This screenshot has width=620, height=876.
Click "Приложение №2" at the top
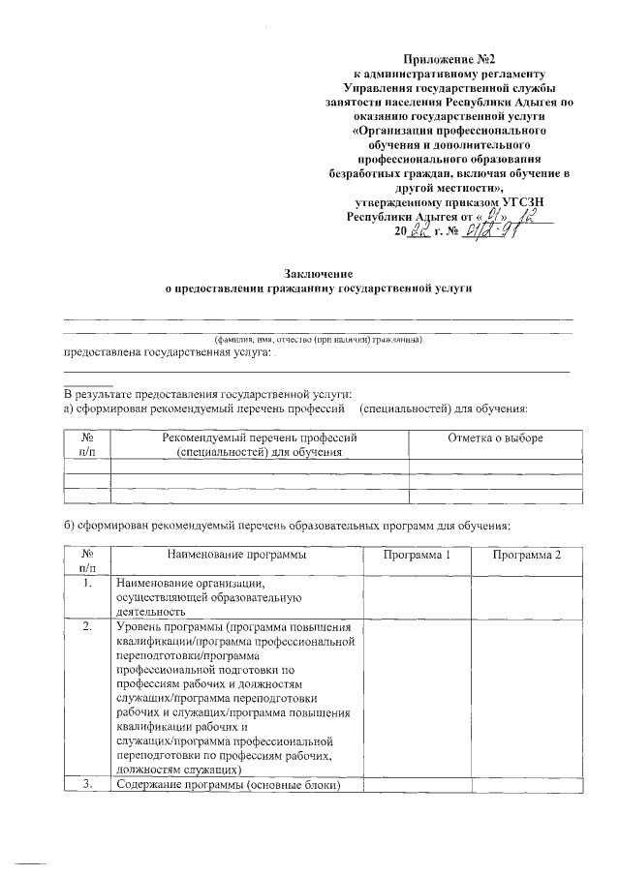click(x=445, y=59)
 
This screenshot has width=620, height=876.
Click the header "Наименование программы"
click(x=236, y=555)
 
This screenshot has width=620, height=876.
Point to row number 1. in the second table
click(x=87, y=584)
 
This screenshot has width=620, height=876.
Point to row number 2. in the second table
click(x=87, y=626)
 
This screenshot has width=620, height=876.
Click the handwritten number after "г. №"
click(x=492, y=233)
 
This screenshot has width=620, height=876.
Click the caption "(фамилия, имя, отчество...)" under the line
click(x=318, y=339)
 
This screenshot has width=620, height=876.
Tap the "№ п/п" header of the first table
click(x=87, y=445)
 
